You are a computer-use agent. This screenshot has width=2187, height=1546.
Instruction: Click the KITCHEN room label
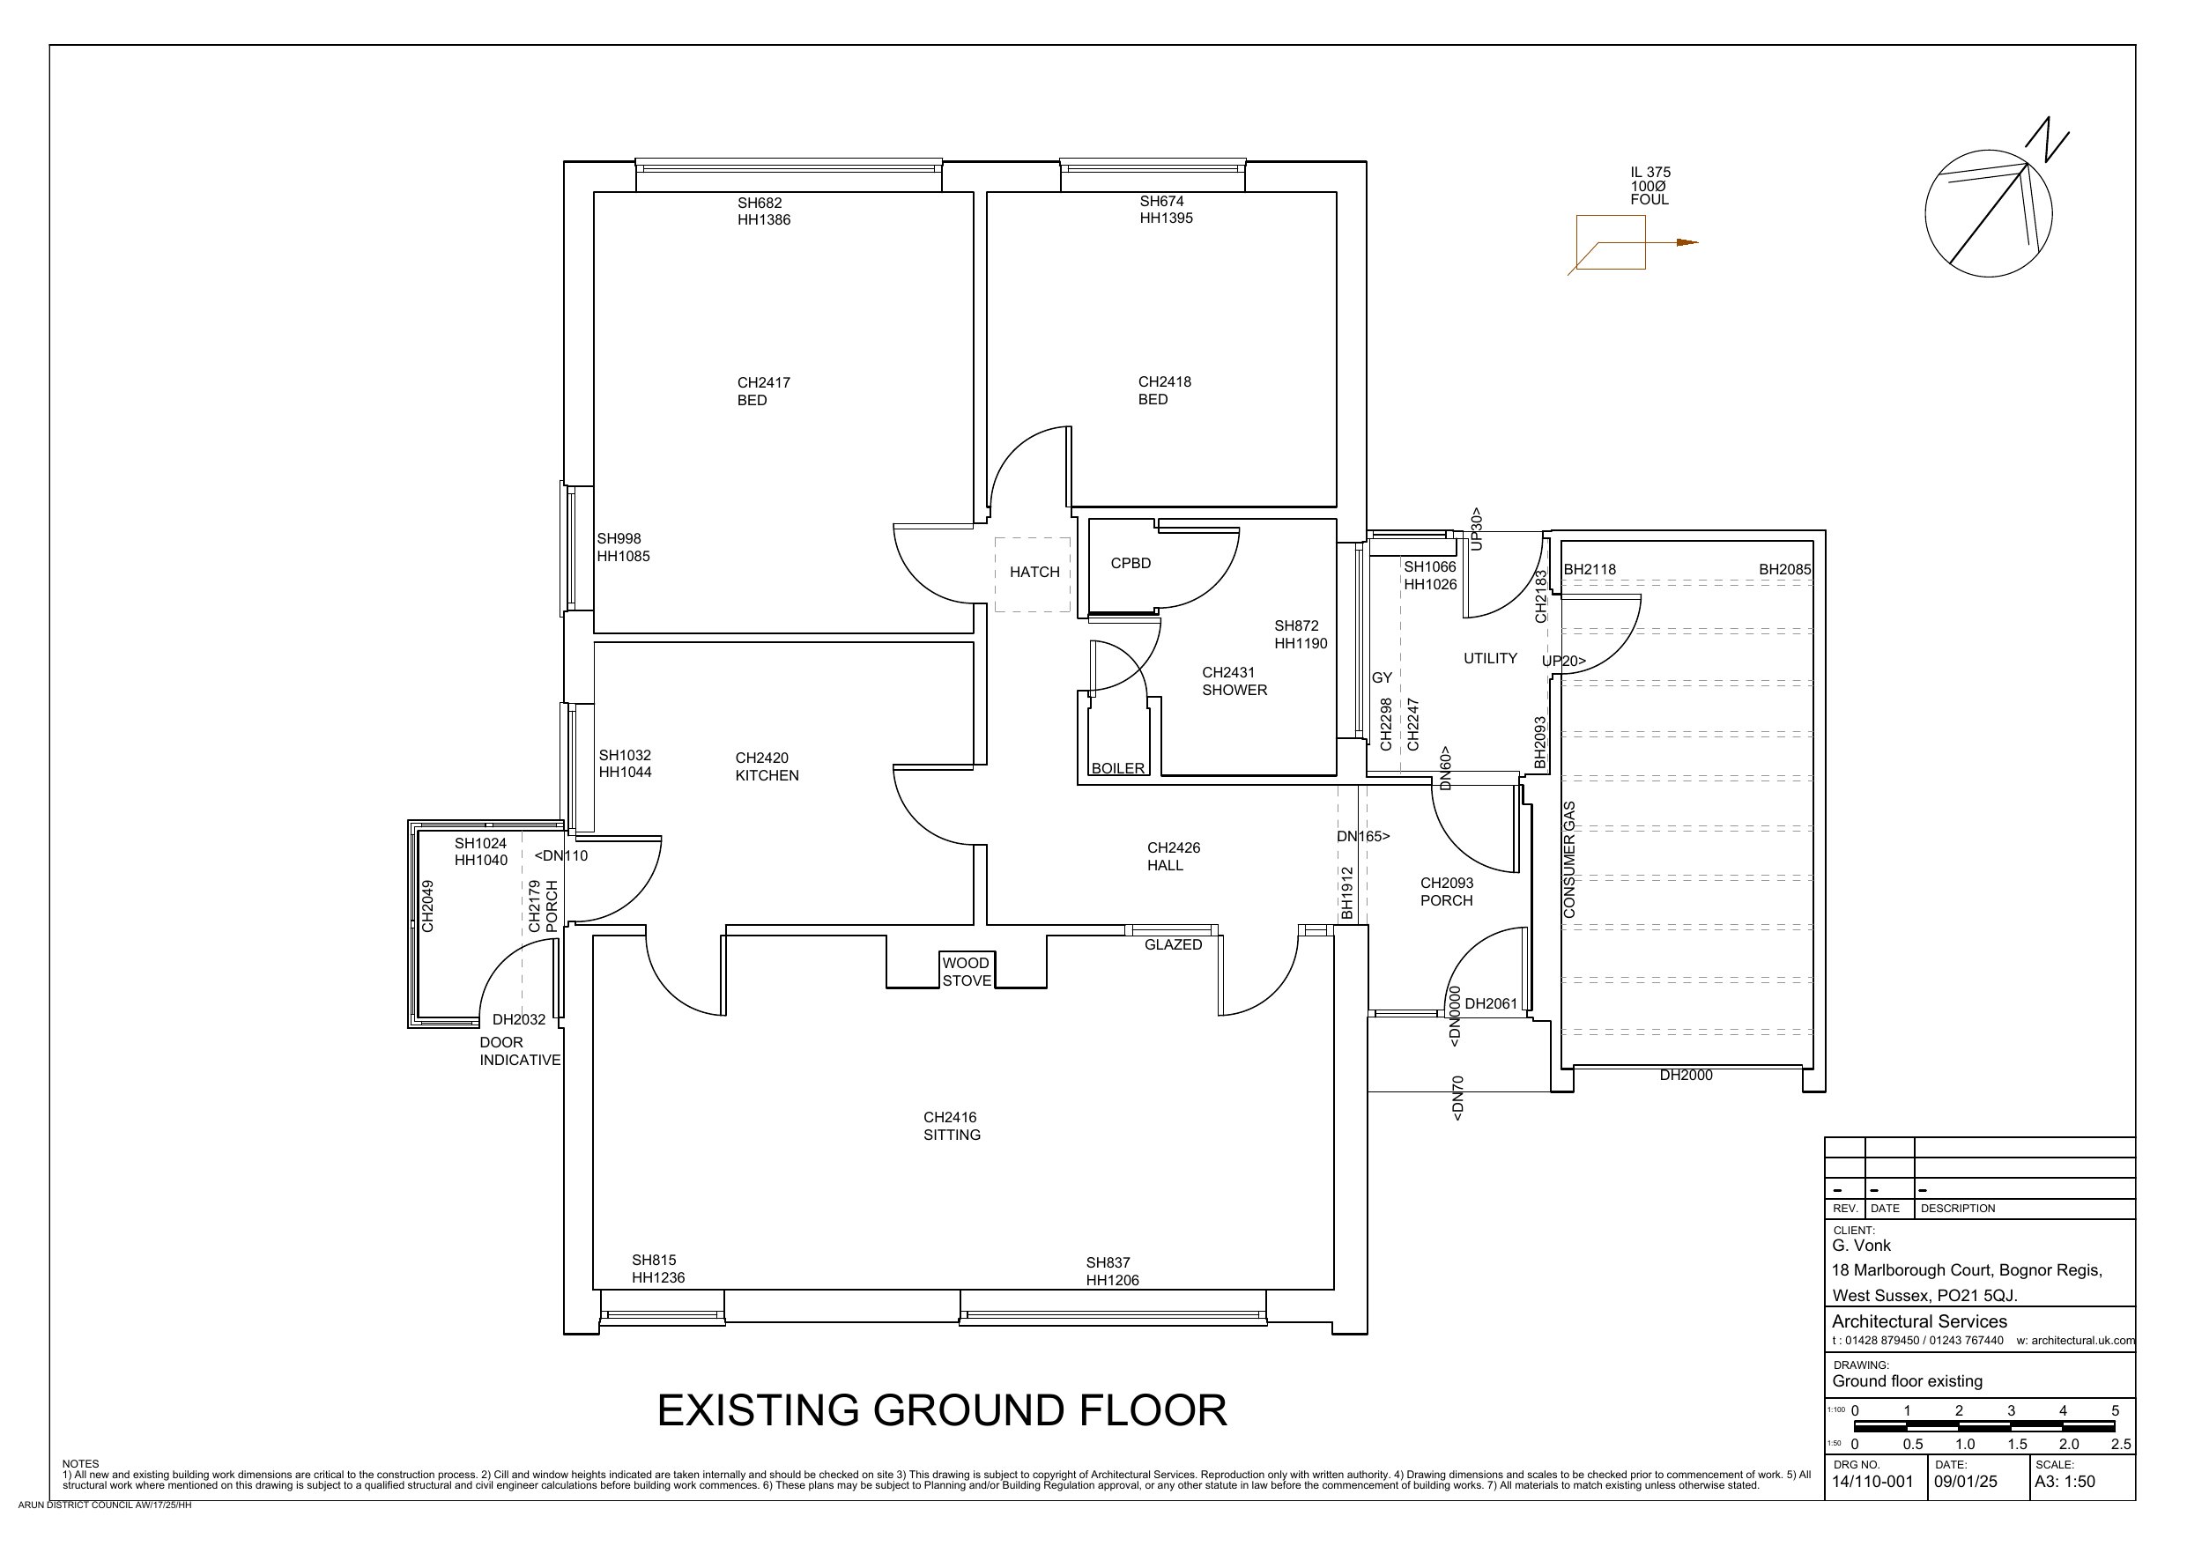[x=767, y=775]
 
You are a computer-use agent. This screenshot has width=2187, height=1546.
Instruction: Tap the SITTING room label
[x=952, y=1135]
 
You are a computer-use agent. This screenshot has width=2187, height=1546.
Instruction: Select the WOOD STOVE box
[x=967, y=972]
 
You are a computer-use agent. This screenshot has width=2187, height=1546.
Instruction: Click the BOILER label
[x=1118, y=769]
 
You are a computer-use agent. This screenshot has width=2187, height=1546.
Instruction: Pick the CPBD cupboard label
[x=1131, y=563]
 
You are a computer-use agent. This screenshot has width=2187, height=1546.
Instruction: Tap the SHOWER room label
[x=1234, y=690]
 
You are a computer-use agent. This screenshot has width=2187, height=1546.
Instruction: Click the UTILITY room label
[x=1490, y=658]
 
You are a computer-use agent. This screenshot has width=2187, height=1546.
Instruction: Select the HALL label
[x=1165, y=865]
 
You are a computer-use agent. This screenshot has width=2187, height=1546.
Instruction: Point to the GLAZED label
[x=1174, y=945]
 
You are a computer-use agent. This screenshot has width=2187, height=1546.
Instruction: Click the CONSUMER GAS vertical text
[x=1570, y=860]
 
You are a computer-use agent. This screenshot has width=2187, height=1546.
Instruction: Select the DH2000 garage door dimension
[x=1686, y=1076]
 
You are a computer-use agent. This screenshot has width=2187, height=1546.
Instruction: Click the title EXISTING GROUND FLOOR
[x=942, y=1410]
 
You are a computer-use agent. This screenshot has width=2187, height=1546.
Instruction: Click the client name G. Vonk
[x=1861, y=1245]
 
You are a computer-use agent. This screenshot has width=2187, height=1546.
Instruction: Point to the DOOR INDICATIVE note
[x=520, y=1051]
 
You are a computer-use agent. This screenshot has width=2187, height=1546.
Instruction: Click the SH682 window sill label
[x=760, y=203]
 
